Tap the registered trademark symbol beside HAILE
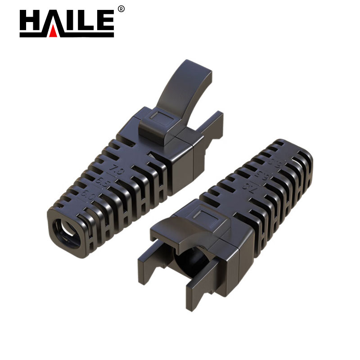(x=121, y=9)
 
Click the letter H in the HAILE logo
(x=30, y=22)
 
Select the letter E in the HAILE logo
(x=105, y=22)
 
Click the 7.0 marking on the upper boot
(x=118, y=171)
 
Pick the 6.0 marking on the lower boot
(x=271, y=161)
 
